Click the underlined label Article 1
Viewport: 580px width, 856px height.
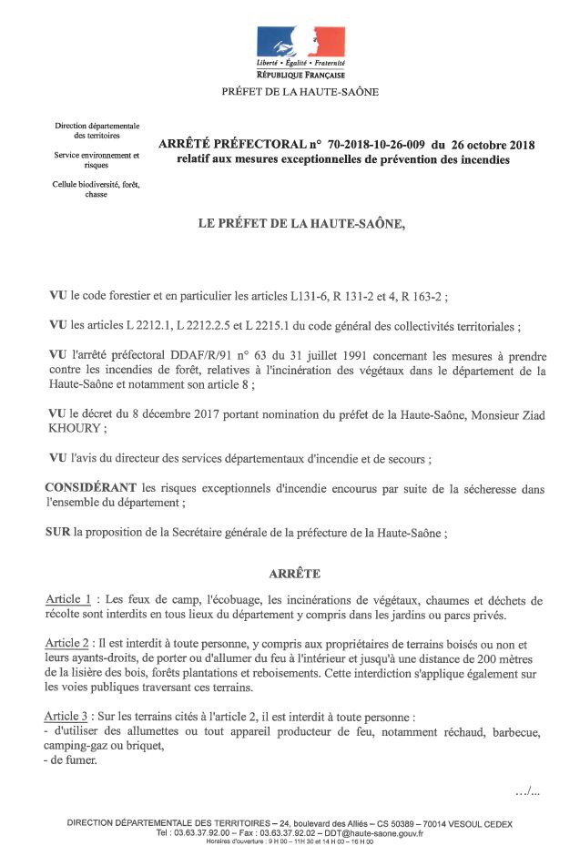pyautogui.click(x=68, y=600)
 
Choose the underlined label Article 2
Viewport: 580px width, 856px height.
pyautogui.click(x=68, y=643)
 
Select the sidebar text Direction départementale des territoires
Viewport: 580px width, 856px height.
pyautogui.click(x=97, y=130)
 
